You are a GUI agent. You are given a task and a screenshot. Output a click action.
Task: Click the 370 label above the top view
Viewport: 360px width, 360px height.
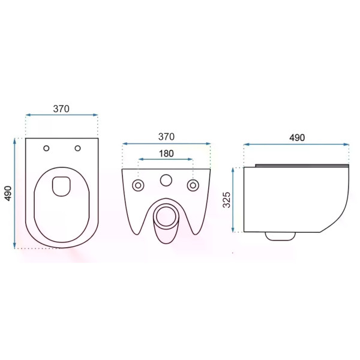click(61, 109)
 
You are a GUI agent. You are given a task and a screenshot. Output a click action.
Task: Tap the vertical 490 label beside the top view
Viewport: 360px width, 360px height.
click(8, 194)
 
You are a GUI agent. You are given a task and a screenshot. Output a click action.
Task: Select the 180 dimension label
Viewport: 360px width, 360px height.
click(166, 154)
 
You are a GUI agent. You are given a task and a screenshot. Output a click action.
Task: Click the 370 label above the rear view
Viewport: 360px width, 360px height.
click(166, 137)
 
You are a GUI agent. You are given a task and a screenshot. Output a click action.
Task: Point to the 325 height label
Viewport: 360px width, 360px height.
click(227, 200)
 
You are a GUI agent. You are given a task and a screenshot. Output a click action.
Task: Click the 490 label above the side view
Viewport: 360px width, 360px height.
click(297, 137)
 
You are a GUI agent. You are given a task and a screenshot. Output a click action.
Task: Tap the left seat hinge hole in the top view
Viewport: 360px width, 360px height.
click(46, 148)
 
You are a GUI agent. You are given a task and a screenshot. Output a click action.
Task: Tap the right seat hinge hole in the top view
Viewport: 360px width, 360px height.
click(77, 148)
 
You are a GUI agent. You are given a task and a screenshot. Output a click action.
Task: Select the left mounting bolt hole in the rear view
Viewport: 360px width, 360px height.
click(138, 185)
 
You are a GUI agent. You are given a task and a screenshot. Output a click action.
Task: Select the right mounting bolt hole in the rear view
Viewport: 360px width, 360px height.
click(193, 185)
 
